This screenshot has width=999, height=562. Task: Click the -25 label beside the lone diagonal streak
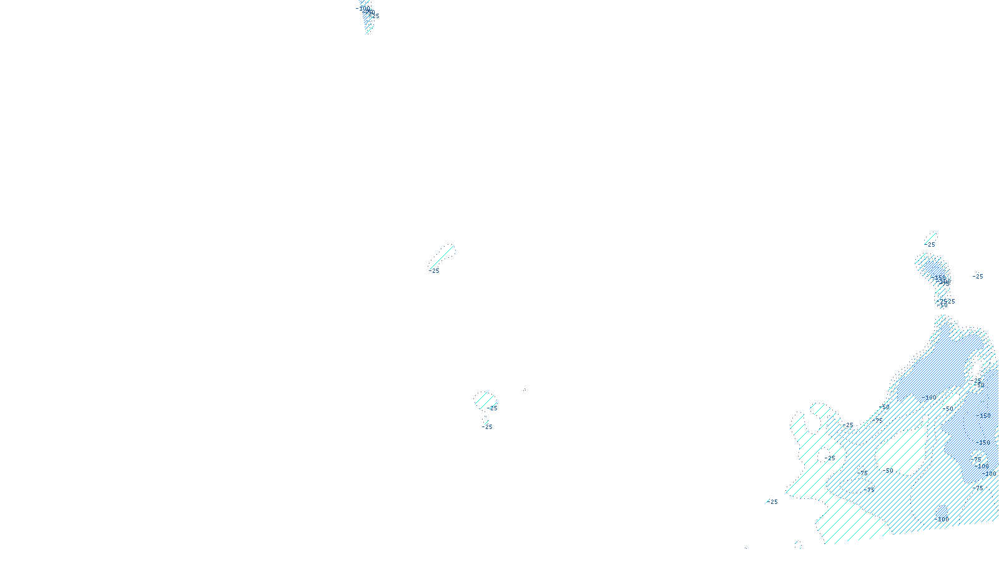pyautogui.click(x=435, y=271)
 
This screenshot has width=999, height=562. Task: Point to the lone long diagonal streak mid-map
pyautogui.click(x=442, y=257)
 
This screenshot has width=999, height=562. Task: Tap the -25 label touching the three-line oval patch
pyautogui.click(x=493, y=408)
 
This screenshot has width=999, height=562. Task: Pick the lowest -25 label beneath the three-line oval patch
pyautogui.click(x=488, y=427)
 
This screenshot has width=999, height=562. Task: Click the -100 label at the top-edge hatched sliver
pyautogui.click(x=363, y=8)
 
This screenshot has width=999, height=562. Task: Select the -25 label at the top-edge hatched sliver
pyautogui.click(x=375, y=16)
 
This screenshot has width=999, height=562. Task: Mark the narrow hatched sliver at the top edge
pyautogui.click(x=368, y=19)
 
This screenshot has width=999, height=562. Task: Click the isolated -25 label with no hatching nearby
pyautogui.click(x=978, y=277)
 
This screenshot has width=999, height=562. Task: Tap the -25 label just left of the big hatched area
pyautogui.click(x=774, y=502)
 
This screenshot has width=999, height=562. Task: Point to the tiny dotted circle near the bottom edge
pyautogui.click(x=798, y=545)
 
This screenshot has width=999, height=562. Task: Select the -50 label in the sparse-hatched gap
pyautogui.click(x=889, y=471)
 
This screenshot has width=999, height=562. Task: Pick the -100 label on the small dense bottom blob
pyautogui.click(x=943, y=519)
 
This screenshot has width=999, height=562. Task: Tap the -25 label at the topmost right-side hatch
pyautogui.click(x=931, y=245)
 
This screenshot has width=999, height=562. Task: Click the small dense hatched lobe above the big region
pyautogui.click(x=933, y=275)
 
